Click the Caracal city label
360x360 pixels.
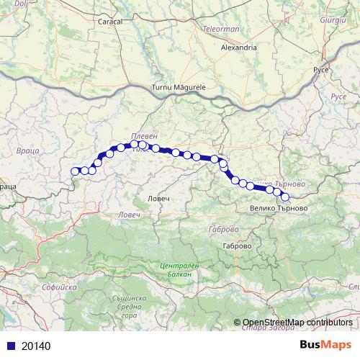click(x=110, y=22)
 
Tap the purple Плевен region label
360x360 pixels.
click(x=144, y=137)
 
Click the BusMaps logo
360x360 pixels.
click(x=325, y=346)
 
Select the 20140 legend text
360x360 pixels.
click(x=37, y=346)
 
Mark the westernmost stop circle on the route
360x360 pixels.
click(x=75, y=171)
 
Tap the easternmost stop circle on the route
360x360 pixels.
click(x=284, y=197)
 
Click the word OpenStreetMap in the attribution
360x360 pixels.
click(x=275, y=323)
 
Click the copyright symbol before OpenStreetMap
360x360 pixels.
click(x=237, y=323)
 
